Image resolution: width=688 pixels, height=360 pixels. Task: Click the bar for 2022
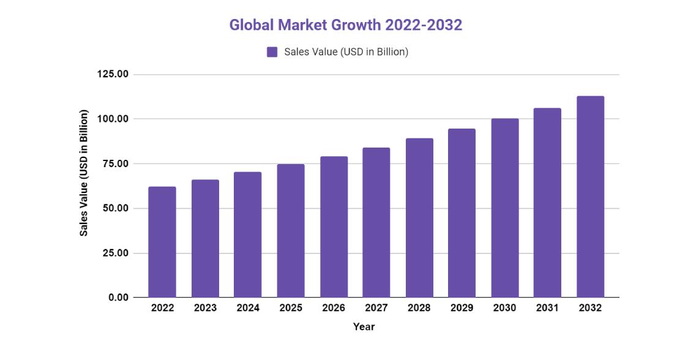(x=162, y=242)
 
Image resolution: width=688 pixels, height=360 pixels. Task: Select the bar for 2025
(x=291, y=231)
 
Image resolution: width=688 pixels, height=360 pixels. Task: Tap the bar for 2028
(x=419, y=218)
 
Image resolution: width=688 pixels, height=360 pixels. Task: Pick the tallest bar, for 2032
(x=590, y=197)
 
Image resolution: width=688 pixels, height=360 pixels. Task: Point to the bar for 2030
(x=504, y=208)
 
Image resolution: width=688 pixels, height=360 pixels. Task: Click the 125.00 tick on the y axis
(x=113, y=74)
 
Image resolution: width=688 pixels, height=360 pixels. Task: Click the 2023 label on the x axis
(x=205, y=308)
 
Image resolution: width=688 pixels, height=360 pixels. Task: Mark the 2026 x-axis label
(x=334, y=308)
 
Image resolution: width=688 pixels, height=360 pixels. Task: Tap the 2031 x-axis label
(x=547, y=308)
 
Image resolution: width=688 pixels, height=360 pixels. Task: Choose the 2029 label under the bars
(x=462, y=308)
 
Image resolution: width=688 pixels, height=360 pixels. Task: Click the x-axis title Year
(x=364, y=327)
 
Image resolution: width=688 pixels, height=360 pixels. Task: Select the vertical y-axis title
(x=84, y=173)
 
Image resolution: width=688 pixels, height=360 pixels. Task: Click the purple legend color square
(x=272, y=52)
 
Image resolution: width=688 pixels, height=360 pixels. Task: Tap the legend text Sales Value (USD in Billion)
(x=346, y=52)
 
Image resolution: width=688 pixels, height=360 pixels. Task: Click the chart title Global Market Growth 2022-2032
(x=345, y=25)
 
